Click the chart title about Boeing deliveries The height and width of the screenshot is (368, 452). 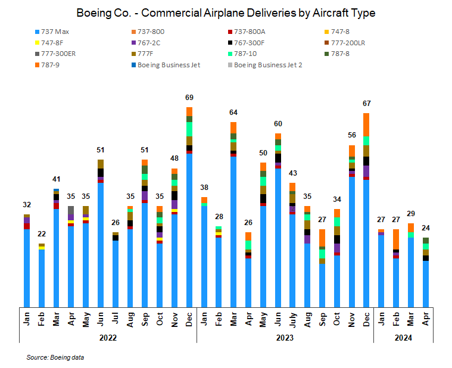click(x=226, y=13)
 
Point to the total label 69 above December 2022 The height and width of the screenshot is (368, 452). click(x=189, y=97)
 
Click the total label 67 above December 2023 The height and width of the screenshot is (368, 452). click(x=366, y=103)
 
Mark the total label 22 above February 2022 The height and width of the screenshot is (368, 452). click(x=41, y=233)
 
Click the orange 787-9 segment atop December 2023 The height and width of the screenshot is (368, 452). click(x=366, y=124)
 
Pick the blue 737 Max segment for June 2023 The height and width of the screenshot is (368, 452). click(x=278, y=238)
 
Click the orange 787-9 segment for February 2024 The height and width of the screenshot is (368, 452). click(x=395, y=239)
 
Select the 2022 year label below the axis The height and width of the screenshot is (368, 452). click(x=108, y=338)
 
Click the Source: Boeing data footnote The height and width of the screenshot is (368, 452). click(x=55, y=357)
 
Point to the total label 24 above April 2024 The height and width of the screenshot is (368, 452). click(x=425, y=227)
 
